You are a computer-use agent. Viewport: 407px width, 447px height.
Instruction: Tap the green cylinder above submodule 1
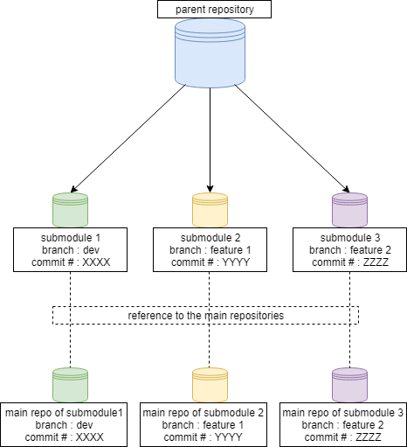pyautogui.click(x=70, y=210)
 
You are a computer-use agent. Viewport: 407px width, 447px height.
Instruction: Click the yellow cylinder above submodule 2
pyautogui.click(x=210, y=210)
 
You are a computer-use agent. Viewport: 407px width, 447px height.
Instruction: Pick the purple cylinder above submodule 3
pyautogui.click(x=349, y=210)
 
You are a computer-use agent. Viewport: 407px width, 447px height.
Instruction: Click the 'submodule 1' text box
pyautogui.click(x=70, y=249)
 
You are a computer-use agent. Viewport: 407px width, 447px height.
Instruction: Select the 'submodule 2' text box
pyautogui.click(x=210, y=249)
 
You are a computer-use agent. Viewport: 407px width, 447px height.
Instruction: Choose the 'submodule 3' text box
pyautogui.click(x=349, y=249)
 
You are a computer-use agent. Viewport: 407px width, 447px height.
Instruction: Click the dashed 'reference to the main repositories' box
pyautogui.click(x=205, y=315)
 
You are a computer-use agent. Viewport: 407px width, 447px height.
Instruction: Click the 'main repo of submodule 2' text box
pyautogui.click(x=210, y=424)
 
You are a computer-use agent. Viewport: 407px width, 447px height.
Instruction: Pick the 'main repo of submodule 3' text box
pyautogui.click(x=342, y=424)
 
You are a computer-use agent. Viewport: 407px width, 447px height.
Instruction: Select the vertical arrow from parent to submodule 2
pyautogui.click(x=210, y=140)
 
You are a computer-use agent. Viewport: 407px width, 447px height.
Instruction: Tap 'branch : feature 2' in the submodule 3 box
pyautogui.click(x=349, y=249)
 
